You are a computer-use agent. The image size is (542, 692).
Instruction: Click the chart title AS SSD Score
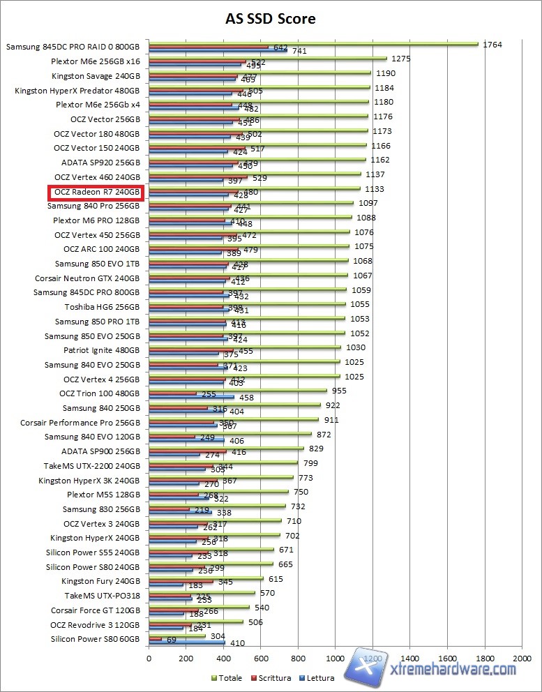(271, 19)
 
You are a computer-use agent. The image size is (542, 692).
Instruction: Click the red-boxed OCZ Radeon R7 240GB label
(95, 191)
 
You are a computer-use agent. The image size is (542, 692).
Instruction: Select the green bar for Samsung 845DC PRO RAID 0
(313, 43)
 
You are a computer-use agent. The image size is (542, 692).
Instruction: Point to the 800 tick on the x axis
(298, 657)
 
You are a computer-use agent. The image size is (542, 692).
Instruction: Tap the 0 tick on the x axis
(149, 657)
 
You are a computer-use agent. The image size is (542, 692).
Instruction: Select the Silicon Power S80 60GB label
(95, 639)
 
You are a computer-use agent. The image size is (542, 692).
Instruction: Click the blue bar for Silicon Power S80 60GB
(186, 642)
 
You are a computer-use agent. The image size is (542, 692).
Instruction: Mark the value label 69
(172, 639)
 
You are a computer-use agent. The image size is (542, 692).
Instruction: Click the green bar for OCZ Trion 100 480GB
(237, 391)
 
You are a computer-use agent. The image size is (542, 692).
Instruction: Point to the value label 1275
(400, 59)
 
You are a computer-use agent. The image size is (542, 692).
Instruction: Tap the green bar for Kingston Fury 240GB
(206, 578)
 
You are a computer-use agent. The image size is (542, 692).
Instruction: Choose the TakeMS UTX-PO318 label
(102, 596)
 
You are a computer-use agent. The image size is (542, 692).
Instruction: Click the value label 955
(340, 391)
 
